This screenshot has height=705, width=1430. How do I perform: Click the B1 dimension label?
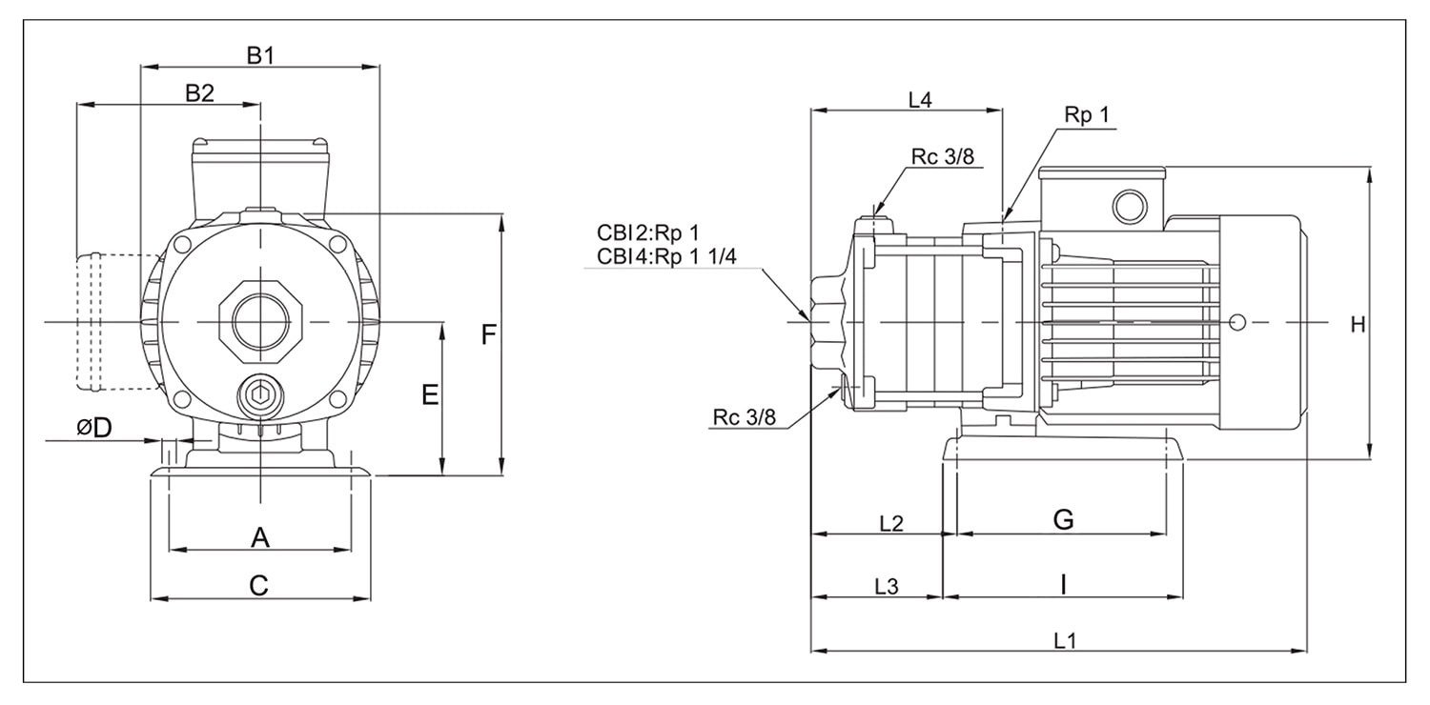260,55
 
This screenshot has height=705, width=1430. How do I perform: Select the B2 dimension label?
199,92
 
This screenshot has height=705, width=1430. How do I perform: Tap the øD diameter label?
94,429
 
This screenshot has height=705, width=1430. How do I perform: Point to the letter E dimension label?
430,394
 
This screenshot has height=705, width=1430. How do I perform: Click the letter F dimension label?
488,335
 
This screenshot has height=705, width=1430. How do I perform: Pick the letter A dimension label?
259,538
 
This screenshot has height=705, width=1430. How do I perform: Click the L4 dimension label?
919,99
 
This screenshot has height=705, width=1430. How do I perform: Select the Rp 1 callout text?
1088,115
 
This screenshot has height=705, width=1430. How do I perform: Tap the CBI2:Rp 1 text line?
648,232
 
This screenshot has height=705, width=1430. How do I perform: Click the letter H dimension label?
1358,325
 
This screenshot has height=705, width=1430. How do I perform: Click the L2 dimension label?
891,522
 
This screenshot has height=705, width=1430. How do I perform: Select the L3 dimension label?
887,586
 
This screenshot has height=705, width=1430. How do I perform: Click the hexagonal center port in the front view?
259,324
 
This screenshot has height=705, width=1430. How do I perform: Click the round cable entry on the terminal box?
1132,204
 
